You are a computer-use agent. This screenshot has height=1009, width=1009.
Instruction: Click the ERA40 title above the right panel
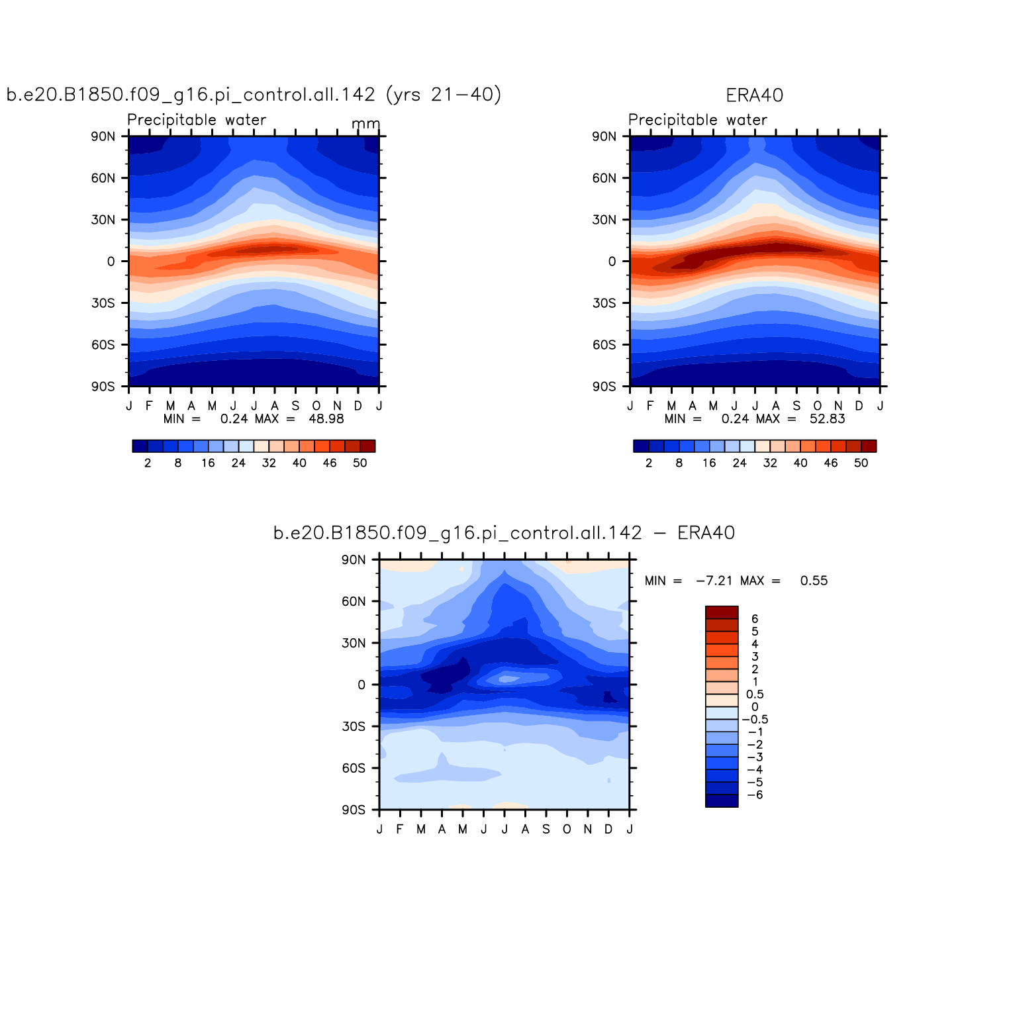(x=754, y=95)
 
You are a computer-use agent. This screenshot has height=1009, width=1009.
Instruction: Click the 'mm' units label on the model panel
(x=365, y=124)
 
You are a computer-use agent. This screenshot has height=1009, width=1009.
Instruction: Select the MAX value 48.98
(x=326, y=418)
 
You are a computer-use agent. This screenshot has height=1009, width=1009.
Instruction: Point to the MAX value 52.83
(x=828, y=418)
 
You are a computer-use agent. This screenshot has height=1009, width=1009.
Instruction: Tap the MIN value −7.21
(x=714, y=581)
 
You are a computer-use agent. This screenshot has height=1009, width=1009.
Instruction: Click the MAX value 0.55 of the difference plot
(x=814, y=581)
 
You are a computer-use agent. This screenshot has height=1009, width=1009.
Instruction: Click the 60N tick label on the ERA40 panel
(x=604, y=178)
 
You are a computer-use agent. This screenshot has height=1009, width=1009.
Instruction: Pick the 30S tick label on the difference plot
(x=354, y=726)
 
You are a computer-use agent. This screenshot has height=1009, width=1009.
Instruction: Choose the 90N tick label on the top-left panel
(x=103, y=136)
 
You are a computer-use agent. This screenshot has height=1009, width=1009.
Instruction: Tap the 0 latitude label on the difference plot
(x=361, y=685)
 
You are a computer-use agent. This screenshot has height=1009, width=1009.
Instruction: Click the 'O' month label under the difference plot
(x=567, y=829)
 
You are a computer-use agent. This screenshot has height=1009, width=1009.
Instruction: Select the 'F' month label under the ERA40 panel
(x=650, y=406)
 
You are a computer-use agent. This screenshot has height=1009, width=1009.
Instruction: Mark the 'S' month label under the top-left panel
(x=295, y=406)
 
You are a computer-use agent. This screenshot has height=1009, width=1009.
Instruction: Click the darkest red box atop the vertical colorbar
(x=722, y=612)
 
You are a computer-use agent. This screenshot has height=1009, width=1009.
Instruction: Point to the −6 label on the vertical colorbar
(x=755, y=794)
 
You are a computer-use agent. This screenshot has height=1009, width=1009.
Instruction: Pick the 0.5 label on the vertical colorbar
(x=755, y=695)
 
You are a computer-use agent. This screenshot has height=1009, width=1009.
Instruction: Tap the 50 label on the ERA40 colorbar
(x=861, y=463)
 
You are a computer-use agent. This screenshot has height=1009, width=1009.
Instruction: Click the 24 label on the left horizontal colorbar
(x=238, y=463)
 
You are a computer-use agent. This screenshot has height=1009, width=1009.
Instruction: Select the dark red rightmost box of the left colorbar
(x=367, y=446)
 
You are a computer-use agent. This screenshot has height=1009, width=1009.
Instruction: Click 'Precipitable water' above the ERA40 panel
(x=697, y=120)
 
